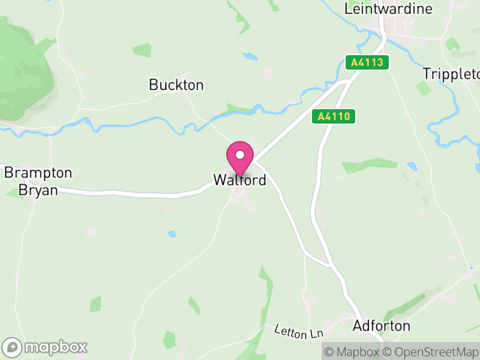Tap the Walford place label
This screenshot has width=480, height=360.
[x=239, y=179]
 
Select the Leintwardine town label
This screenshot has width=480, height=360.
[x=388, y=9]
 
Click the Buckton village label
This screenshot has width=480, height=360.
[x=176, y=85]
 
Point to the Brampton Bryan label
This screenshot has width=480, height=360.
[x=38, y=181]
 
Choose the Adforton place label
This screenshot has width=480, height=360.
[x=382, y=326]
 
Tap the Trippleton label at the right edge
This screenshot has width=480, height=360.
[x=451, y=74]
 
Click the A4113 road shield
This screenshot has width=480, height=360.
[x=368, y=62]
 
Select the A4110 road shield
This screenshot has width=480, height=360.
[x=334, y=117]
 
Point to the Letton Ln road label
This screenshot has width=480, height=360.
[x=299, y=331]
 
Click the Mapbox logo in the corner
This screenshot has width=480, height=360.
[x=45, y=347]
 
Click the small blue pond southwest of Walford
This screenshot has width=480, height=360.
[x=172, y=233]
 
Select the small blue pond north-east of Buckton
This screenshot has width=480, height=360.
[x=250, y=57]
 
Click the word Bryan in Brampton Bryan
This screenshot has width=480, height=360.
[x=38, y=190]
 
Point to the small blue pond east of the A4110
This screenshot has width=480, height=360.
[x=412, y=166]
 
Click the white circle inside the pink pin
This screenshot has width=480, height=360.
[x=240, y=155]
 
